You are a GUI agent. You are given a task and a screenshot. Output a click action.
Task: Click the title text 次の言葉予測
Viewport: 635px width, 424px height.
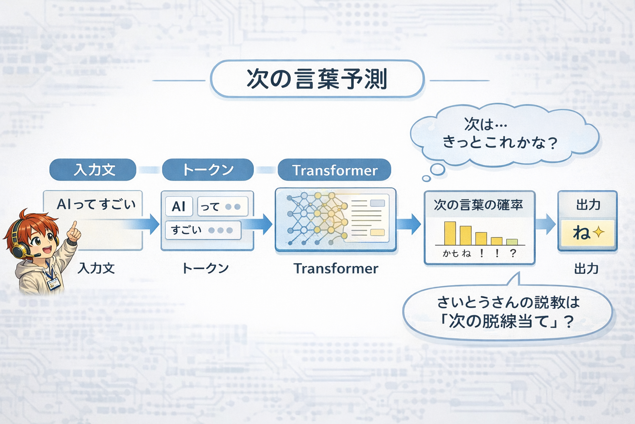click(x=317, y=79)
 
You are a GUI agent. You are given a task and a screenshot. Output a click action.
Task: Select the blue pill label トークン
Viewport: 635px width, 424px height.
click(x=208, y=170)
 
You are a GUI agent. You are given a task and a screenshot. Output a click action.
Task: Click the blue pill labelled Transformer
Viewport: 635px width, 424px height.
click(x=334, y=170)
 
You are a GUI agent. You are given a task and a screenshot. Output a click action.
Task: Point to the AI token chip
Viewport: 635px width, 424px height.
click(x=179, y=206)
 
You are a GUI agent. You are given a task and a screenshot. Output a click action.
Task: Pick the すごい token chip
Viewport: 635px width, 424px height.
click(x=203, y=230)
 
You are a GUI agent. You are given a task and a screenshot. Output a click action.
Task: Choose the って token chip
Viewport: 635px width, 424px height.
click(x=222, y=206)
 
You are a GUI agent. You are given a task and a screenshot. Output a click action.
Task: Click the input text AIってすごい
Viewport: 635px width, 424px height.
click(x=96, y=204)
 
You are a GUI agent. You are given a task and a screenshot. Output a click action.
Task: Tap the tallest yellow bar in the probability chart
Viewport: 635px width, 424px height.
click(x=450, y=234)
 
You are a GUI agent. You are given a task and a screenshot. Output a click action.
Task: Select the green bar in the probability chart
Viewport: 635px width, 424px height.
click(x=512, y=242)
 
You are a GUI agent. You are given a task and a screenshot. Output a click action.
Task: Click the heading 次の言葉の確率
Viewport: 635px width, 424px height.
click(x=478, y=205)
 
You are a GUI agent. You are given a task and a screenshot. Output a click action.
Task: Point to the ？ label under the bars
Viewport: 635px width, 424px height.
click(x=513, y=253)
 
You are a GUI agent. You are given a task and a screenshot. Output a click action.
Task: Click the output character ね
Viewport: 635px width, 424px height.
click(x=581, y=233)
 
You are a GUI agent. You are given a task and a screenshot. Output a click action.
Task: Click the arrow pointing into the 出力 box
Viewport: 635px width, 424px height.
click(x=546, y=224)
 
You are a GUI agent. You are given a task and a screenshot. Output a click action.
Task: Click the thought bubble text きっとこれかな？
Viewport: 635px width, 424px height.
click(x=499, y=142)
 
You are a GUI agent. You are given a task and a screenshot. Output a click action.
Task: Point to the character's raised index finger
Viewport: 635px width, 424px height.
click(x=74, y=226)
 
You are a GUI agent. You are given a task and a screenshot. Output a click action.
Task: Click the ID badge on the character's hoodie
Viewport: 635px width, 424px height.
click(x=53, y=284)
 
